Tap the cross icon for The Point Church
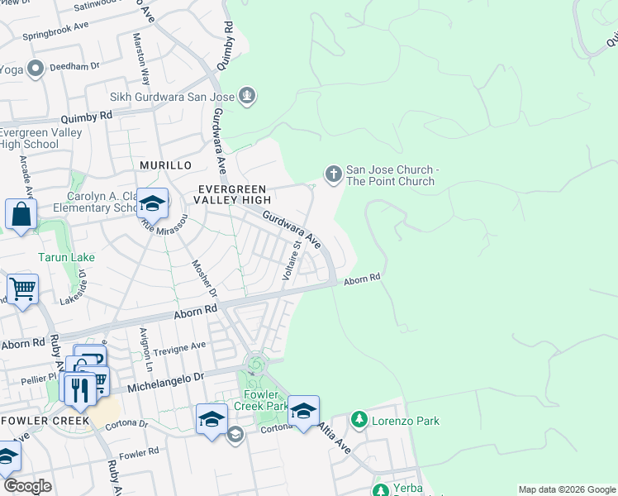click(x=333, y=174)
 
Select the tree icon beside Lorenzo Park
click(x=359, y=420)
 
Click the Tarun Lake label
click(x=66, y=257)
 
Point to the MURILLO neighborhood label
click(x=165, y=165)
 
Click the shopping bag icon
click(x=21, y=214)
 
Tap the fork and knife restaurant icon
click(x=79, y=389)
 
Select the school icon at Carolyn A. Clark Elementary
click(x=152, y=203)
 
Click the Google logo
click(x=27, y=486)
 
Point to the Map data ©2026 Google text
click(x=566, y=489)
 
